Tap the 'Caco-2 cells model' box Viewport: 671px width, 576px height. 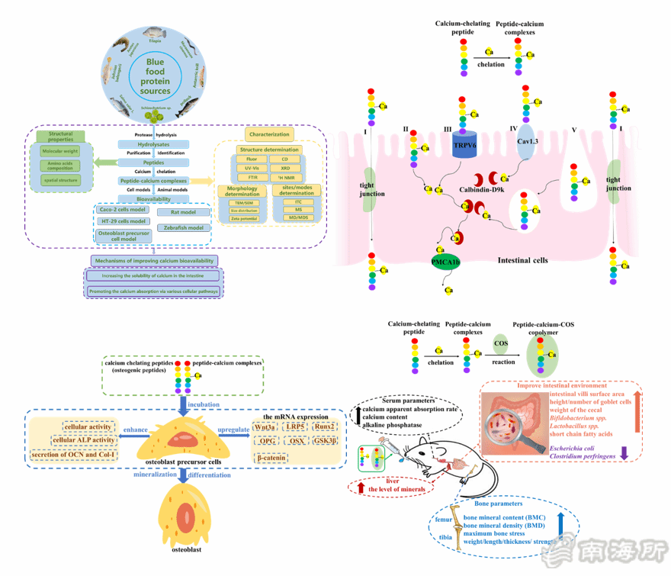tap(122, 209)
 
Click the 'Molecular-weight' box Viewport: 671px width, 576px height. tap(60, 151)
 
